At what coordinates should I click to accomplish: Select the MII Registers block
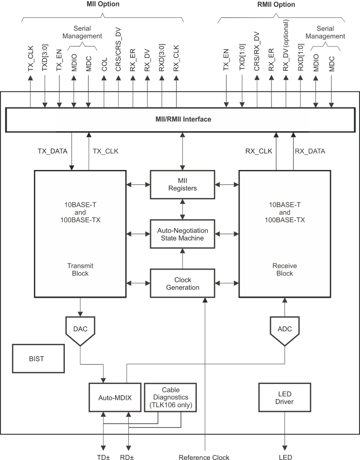(x=182, y=184)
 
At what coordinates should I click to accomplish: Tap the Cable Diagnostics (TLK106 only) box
(x=171, y=397)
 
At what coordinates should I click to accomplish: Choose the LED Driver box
(x=284, y=398)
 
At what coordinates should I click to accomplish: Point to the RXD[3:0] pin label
(x=161, y=59)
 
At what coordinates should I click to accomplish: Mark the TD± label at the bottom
(x=103, y=457)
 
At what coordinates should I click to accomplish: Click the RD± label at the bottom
(x=128, y=457)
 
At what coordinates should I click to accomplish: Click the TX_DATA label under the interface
(x=52, y=151)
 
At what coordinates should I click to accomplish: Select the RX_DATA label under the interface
(x=310, y=151)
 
